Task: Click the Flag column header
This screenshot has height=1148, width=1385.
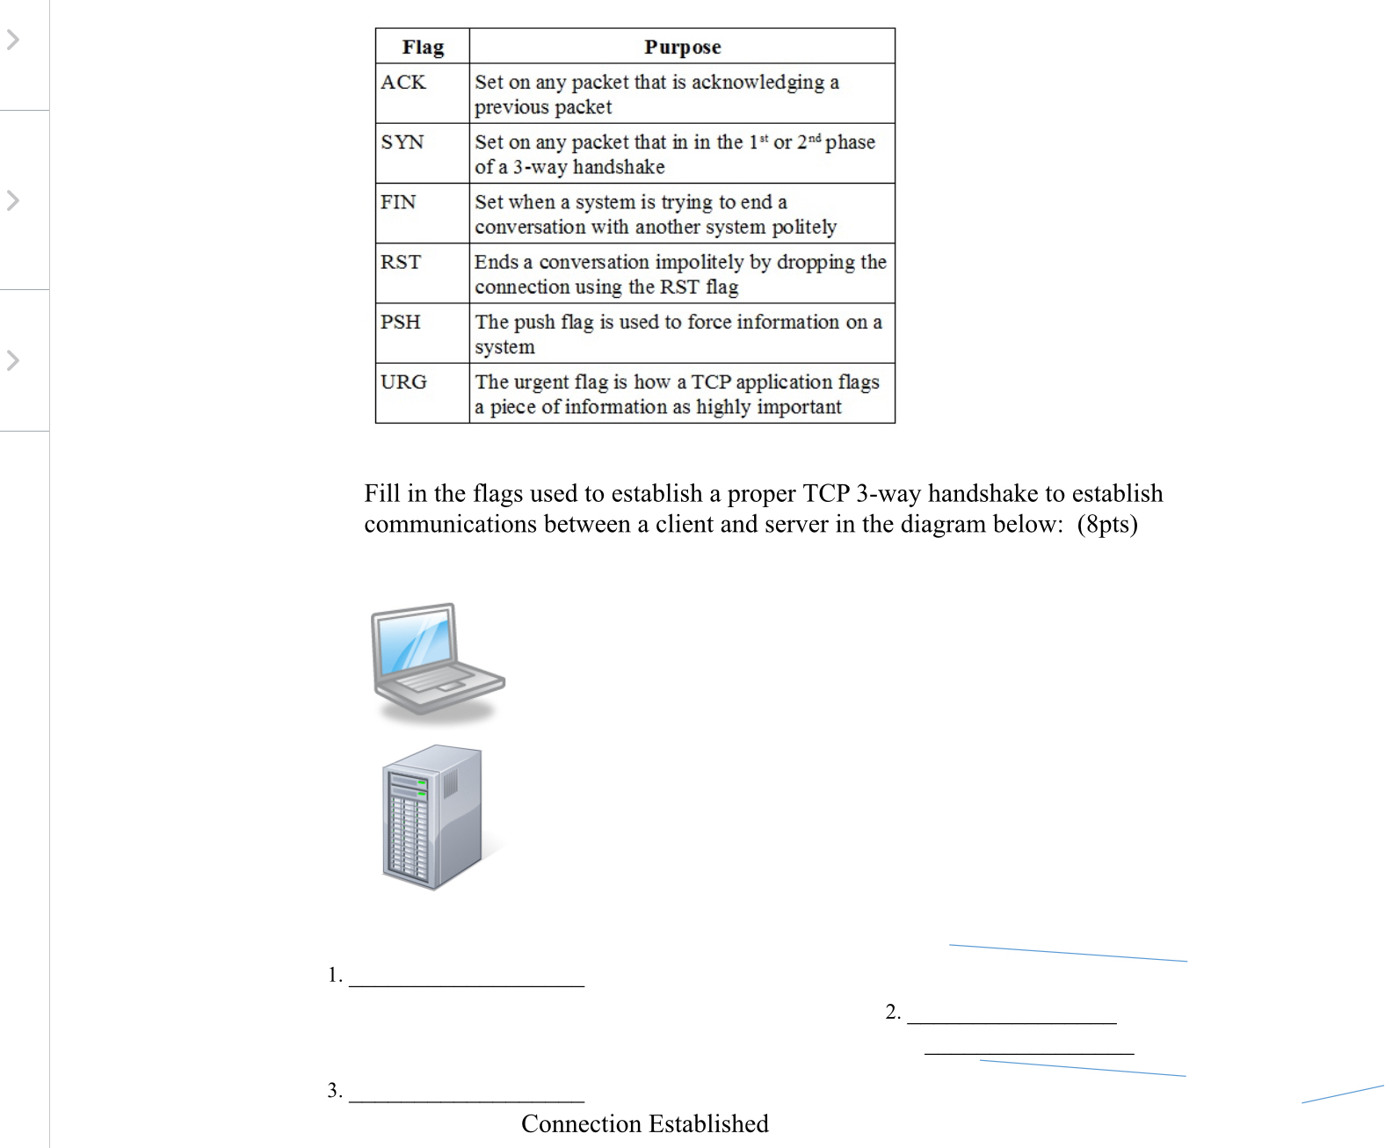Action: (x=423, y=47)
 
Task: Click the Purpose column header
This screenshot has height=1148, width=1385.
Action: (x=682, y=47)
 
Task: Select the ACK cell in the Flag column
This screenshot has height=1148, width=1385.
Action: (x=403, y=83)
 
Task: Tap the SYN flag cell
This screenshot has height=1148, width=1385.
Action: (x=402, y=142)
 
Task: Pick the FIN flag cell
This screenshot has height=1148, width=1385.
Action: (x=398, y=202)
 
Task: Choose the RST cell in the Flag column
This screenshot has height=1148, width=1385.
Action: (x=401, y=262)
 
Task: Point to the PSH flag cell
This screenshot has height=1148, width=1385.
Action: (x=401, y=322)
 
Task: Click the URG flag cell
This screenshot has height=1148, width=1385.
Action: (x=403, y=381)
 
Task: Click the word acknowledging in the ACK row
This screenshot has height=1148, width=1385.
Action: (x=758, y=83)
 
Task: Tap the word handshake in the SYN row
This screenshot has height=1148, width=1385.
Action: (x=619, y=167)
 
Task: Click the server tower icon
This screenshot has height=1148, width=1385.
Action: (x=432, y=817)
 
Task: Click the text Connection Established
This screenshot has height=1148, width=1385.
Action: (x=644, y=1123)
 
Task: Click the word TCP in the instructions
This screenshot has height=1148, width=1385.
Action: (x=826, y=493)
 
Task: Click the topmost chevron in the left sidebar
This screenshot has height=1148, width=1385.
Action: (x=12, y=40)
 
